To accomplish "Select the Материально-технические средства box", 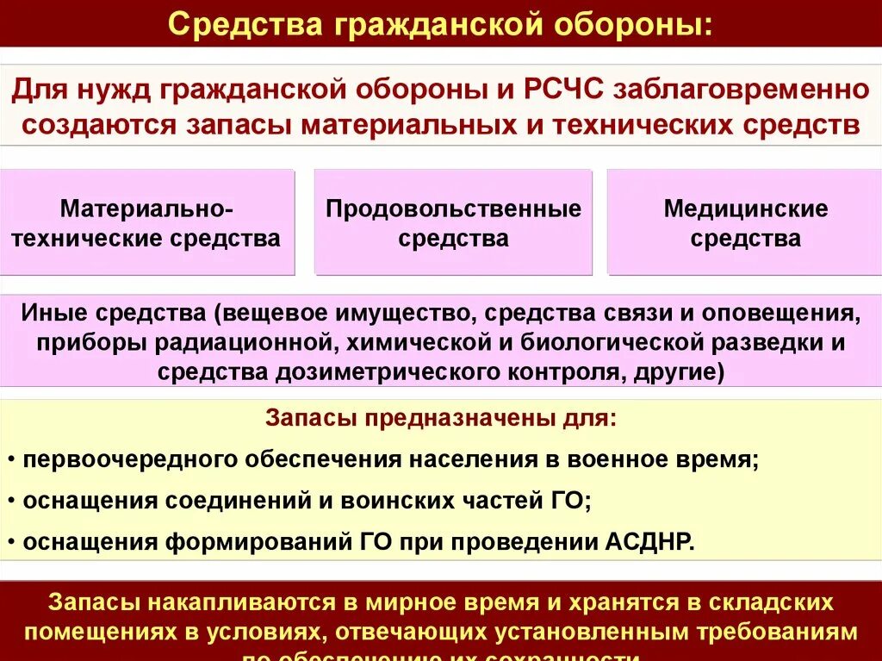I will [146, 222].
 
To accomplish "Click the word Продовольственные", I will [454, 209].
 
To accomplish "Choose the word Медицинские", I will [746, 209].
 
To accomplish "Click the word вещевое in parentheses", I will [283, 310].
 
